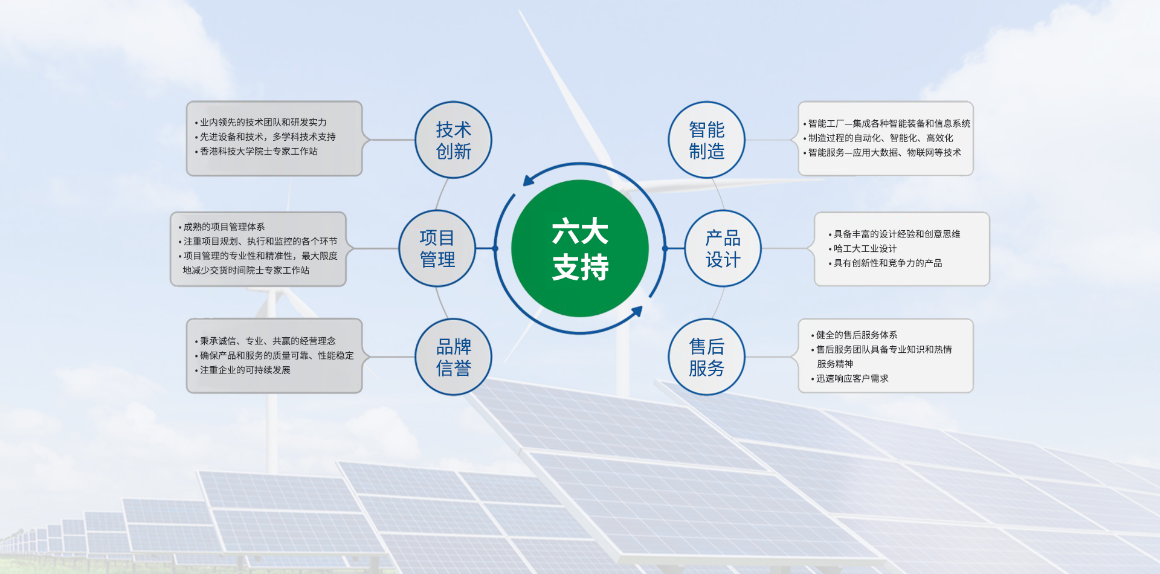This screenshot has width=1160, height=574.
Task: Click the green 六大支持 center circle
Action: click(x=580, y=248)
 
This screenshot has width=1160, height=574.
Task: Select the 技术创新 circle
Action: click(x=453, y=140)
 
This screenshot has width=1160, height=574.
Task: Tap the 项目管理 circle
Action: click(x=437, y=248)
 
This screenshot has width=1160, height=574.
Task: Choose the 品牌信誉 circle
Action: click(x=453, y=357)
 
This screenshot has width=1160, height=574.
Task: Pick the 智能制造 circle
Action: click(x=706, y=140)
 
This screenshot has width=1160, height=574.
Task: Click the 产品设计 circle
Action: click(x=723, y=248)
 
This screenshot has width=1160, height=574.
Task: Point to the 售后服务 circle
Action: click(x=706, y=357)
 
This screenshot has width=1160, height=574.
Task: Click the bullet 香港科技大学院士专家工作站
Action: click(x=256, y=152)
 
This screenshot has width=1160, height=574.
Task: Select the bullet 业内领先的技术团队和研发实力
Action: click(x=260, y=123)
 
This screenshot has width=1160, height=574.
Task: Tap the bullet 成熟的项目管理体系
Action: click(x=222, y=227)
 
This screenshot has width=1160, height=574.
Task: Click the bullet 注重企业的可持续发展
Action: click(x=242, y=370)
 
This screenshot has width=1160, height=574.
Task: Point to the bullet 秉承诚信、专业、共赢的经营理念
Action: click(x=265, y=341)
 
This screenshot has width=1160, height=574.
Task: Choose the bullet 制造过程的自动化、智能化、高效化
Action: click(x=878, y=138)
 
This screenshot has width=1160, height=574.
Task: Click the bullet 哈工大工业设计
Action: click(x=863, y=249)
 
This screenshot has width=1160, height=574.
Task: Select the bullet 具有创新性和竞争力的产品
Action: click(x=885, y=263)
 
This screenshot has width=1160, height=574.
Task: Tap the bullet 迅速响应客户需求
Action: click(x=849, y=379)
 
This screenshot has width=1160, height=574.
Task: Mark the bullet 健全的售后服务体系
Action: click(x=854, y=335)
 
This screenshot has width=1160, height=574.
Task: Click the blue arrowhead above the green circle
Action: click(x=529, y=180)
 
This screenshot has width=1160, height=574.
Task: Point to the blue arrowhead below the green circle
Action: click(x=636, y=312)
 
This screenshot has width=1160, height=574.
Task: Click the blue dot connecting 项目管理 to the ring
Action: click(x=495, y=248)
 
